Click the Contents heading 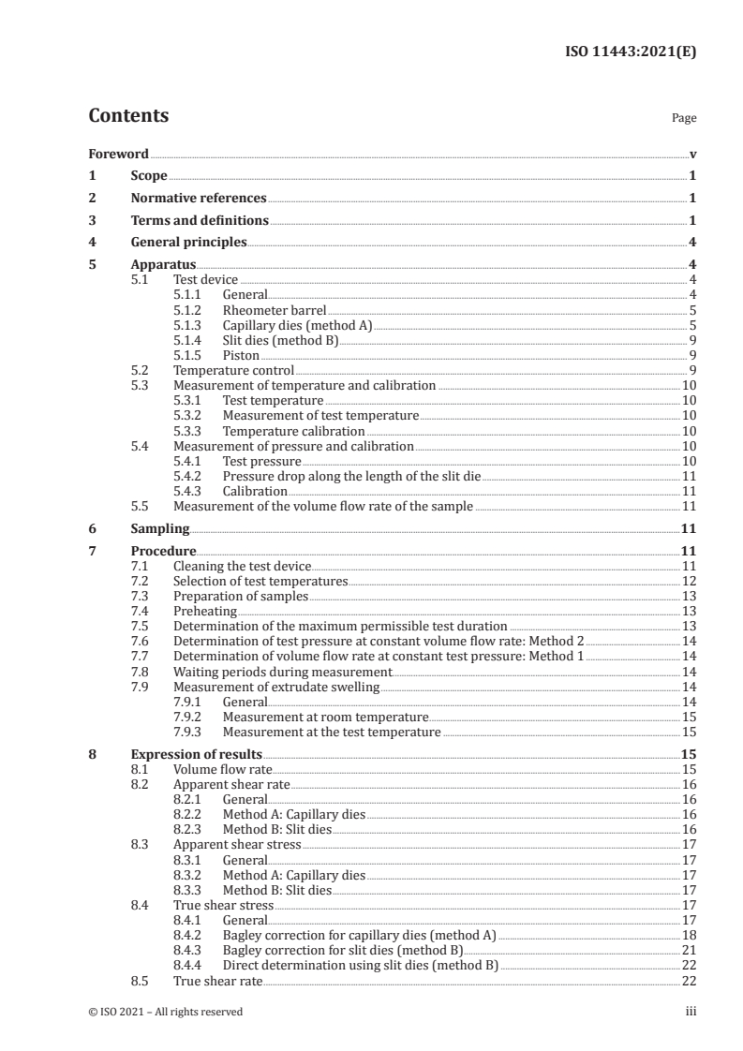tap(128, 117)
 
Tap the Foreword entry tap(119, 154)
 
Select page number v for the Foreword tap(691, 154)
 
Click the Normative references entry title tap(199, 199)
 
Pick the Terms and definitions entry tap(200, 221)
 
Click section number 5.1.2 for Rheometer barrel tap(190, 310)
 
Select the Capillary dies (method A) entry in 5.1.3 tap(297, 325)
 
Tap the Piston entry tap(241, 355)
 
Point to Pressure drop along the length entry tap(351, 476)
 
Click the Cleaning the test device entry tap(242, 567)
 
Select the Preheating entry tap(200, 612)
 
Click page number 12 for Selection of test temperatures tap(688, 582)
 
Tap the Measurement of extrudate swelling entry tap(276, 687)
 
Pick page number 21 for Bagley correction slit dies tap(688, 950)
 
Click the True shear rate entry tap(217, 980)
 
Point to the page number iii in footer tap(691, 1012)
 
